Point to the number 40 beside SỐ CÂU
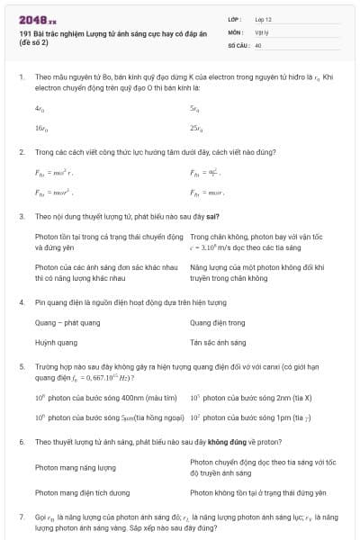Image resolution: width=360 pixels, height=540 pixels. point(258,44)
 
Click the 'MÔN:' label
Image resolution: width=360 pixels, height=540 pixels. point(237,31)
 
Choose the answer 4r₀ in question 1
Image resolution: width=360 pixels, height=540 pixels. point(40,108)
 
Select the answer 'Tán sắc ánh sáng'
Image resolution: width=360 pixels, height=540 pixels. point(218,343)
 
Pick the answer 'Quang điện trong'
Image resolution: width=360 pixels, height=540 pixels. point(217,322)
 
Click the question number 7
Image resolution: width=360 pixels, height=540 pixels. point(21,517)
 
